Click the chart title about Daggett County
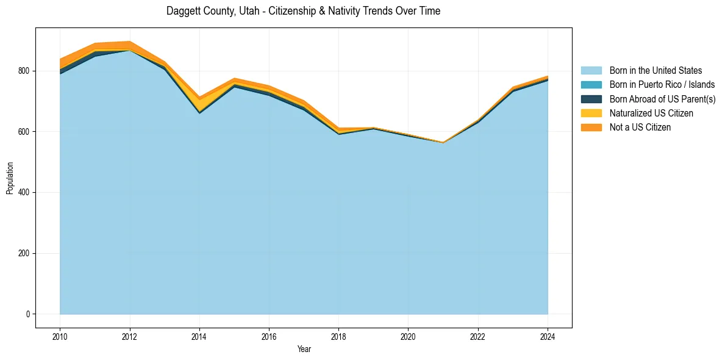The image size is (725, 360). tap(303, 11)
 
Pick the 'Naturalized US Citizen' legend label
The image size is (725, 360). tap(651, 113)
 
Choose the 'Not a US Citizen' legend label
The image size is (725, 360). tap(640, 128)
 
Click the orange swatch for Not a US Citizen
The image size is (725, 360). tap(591, 128)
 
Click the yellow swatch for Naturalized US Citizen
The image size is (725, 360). tap(591, 113)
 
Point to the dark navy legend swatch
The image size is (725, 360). tap(591, 99)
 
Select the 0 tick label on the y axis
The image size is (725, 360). tap(27, 314)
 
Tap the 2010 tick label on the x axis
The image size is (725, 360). tap(60, 336)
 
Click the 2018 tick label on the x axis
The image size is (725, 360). tap(338, 336)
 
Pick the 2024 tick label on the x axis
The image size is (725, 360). tap(548, 336)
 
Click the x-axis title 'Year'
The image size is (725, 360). tap(304, 349)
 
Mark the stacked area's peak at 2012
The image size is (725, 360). tap(129, 41)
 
